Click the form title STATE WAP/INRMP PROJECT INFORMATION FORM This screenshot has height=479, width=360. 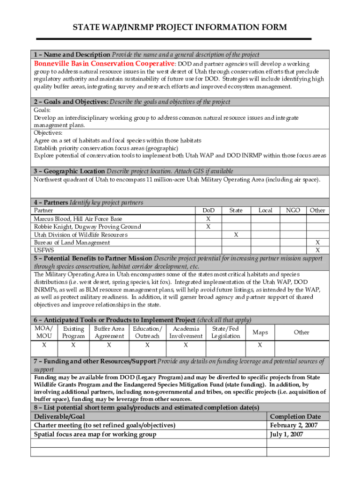(180, 28)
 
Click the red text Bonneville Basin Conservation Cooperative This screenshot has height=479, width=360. (104, 63)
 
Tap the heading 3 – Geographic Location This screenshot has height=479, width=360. (69, 171)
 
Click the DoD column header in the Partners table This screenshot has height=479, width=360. (208, 210)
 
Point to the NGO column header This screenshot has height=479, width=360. (293, 210)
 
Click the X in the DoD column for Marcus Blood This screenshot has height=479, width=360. (208, 219)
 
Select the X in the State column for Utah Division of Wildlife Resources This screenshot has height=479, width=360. (236, 235)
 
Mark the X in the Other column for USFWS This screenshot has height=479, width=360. (317, 250)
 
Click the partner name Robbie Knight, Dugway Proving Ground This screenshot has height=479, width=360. (87, 227)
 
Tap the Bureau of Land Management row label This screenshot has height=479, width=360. (72, 242)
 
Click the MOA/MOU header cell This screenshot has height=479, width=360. (44, 332)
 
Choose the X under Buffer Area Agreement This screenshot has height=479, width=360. (109, 345)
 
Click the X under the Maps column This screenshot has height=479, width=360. (260, 345)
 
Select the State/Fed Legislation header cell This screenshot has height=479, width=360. (225, 332)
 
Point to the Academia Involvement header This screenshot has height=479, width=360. (186, 332)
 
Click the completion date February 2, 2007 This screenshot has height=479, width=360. (294, 425)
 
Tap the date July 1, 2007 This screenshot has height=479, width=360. (287, 434)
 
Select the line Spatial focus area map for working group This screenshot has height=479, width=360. (95, 434)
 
